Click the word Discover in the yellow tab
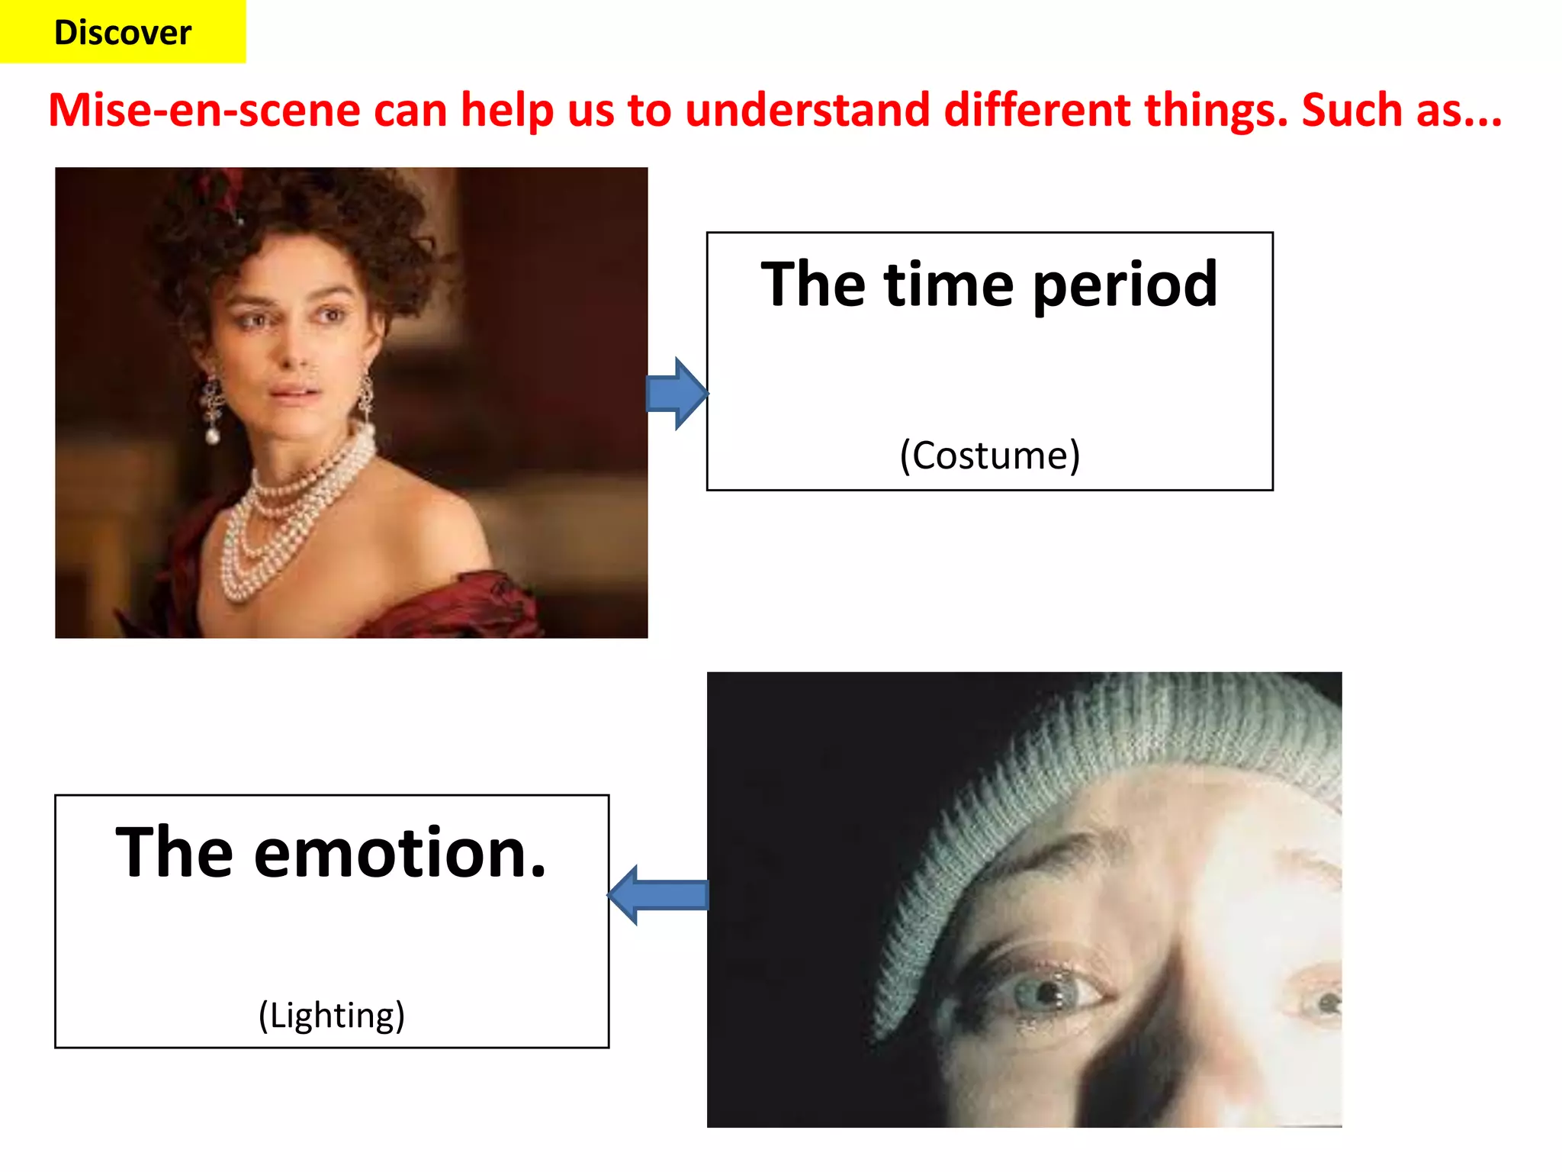pos(123,33)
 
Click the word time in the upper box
pos(948,284)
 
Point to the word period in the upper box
pos(1125,285)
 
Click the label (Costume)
pos(990,456)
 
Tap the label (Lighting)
pos(332,1016)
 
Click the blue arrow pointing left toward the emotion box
pos(657,895)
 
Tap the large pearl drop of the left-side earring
pos(213,436)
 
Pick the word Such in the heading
pos(1351,110)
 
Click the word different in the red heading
pos(1037,110)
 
